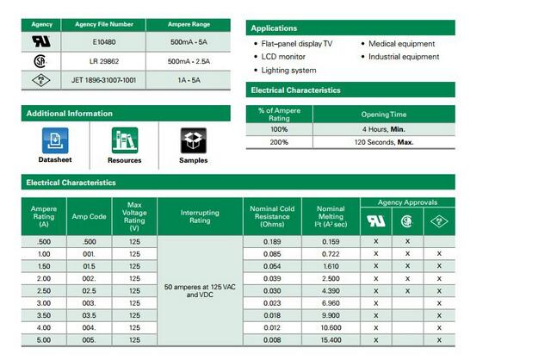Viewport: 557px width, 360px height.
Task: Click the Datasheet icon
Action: [x=55, y=140]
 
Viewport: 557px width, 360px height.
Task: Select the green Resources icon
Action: [x=125, y=140]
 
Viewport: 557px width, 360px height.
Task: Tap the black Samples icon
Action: [x=193, y=140]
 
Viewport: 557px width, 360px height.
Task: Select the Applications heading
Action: [x=275, y=28]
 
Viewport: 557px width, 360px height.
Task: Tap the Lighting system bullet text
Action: [x=288, y=71]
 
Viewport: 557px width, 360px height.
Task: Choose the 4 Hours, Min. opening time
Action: [x=387, y=128]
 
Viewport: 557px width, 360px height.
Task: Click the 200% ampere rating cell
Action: [x=279, y=142]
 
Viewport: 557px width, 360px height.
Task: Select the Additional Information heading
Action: [x=70, y=114]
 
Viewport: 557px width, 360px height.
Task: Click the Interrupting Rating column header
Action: [x=200, y=216]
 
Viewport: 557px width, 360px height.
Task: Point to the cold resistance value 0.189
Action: [x=271, y=242]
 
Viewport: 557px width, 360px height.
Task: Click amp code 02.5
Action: [x=89, y=291]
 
